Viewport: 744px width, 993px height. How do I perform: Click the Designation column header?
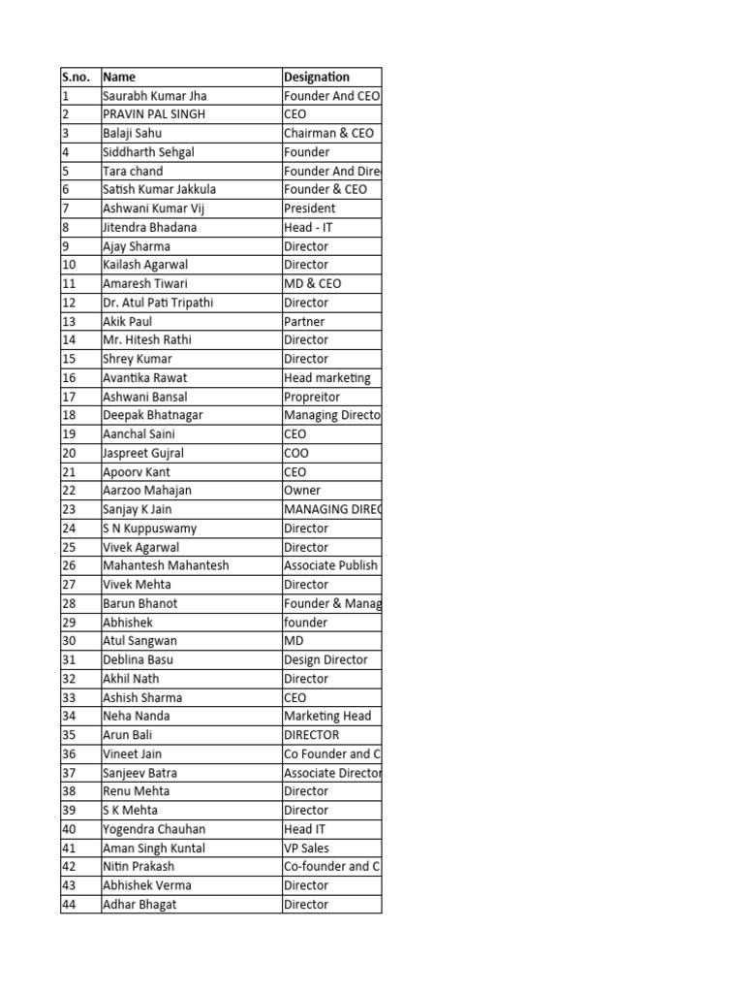[x=317, y=77]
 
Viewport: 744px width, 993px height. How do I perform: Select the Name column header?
[x=119, y=77]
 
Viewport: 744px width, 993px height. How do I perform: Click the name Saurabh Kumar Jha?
[x=155, y=96]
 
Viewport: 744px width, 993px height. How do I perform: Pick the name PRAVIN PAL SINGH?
[x=154, y=114]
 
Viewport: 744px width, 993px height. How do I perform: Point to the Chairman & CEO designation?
[x=328, y=133]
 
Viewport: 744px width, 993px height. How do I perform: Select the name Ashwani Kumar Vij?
[x=154, y=208]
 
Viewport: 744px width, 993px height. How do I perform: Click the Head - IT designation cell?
[x=308, y=227]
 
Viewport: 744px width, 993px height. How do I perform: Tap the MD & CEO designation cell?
[x=312, y=284]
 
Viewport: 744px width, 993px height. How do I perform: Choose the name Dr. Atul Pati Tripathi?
[x=158, y=303]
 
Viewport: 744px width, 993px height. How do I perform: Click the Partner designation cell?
[x=304, y=321]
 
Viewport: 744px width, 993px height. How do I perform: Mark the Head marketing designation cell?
[x=326, y=378]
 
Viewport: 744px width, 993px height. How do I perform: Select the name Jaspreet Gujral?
[x=143, y=453]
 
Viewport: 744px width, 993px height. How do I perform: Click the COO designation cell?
[x=296, y=453]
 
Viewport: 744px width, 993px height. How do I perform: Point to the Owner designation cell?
[x=302, y=491]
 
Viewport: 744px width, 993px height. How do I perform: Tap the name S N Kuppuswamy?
[x=149, y=529]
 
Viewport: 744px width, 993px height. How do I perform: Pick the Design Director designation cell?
[x=325, y=660]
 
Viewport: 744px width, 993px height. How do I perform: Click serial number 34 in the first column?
[x=69, y=717]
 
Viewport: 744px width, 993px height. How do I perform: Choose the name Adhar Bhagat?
[x=140, y=905]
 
